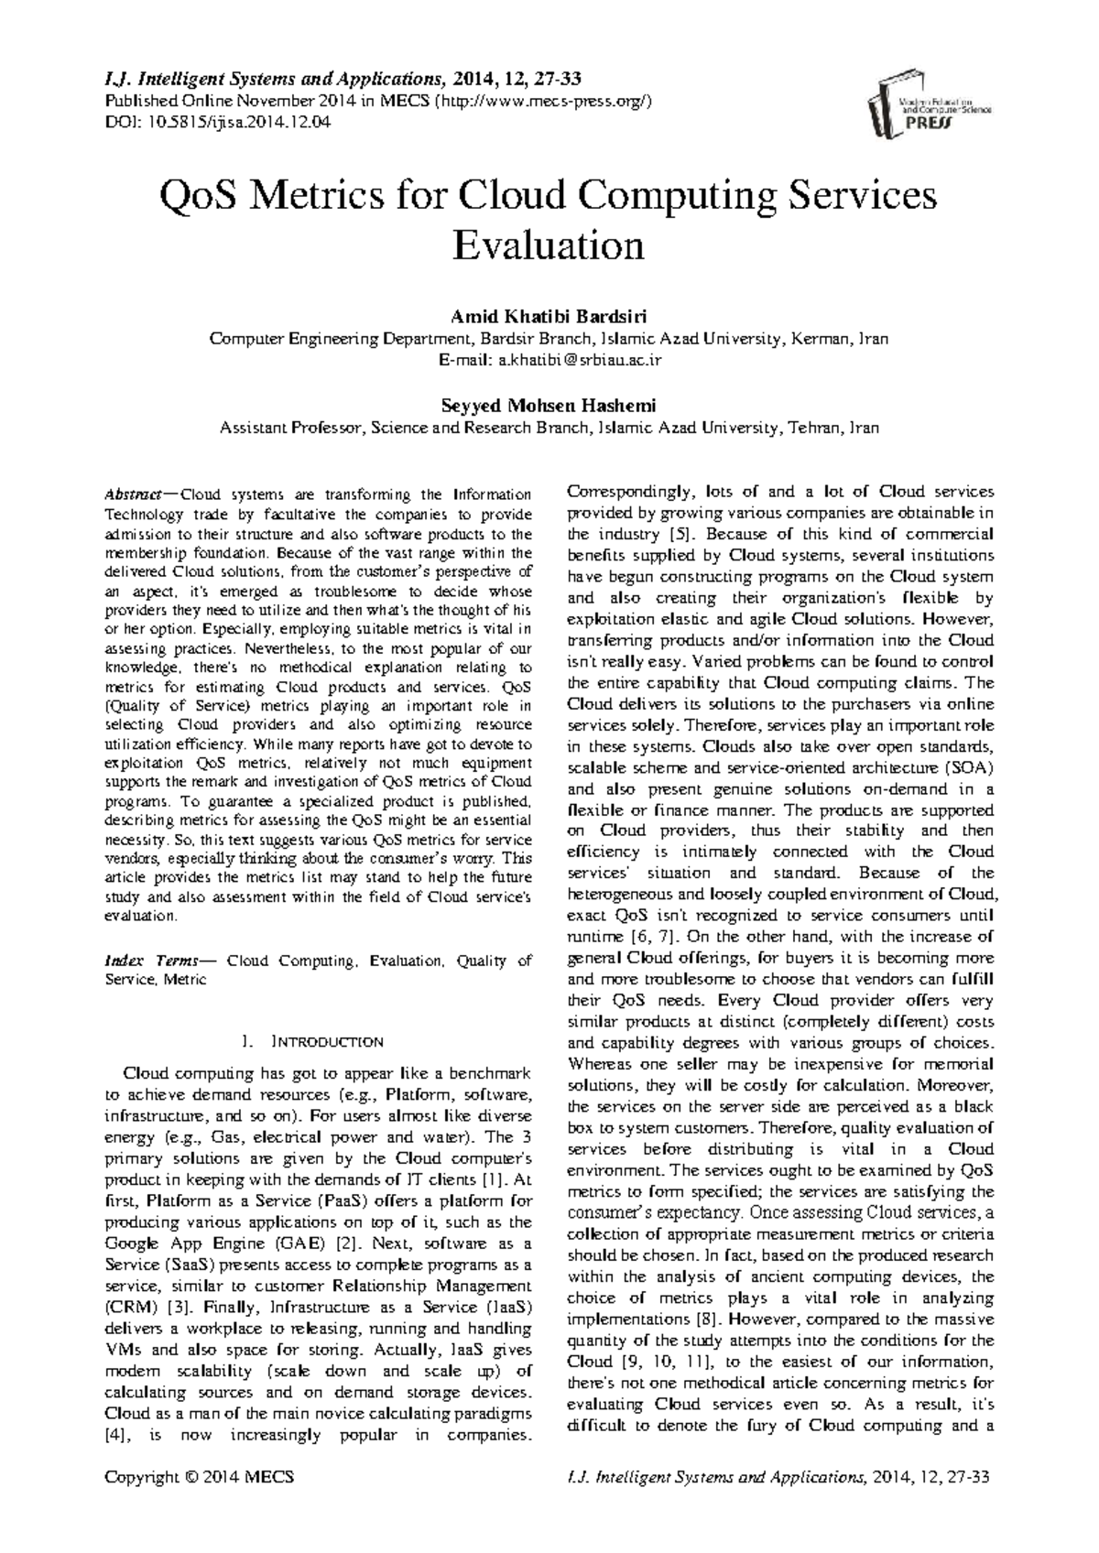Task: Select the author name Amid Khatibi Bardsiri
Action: coord(549,318)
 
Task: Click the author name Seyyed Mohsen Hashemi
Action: coord(549,406)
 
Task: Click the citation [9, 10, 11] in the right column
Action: coord(663,1361)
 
